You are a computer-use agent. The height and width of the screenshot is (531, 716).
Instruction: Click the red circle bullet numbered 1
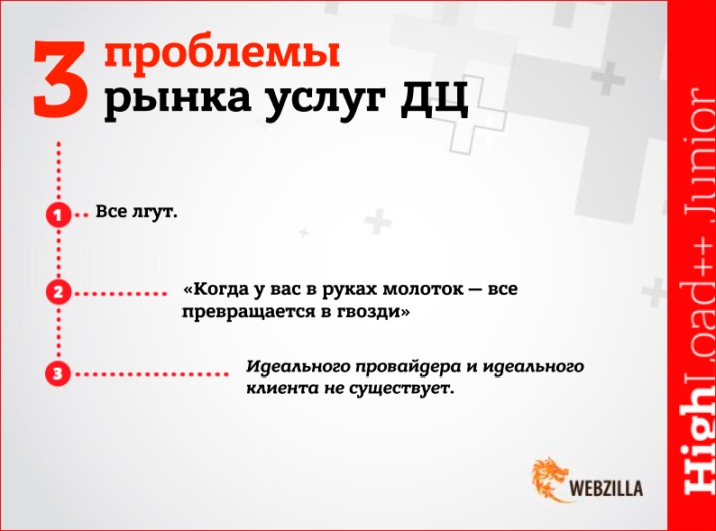point(58,215)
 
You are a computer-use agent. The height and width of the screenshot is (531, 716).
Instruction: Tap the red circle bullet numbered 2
point(58,292)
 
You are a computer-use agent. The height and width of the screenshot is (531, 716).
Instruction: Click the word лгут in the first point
point(156,214)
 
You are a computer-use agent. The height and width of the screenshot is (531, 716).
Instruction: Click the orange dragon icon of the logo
point(550,479)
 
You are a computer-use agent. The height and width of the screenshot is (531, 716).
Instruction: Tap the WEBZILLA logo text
point(607,489)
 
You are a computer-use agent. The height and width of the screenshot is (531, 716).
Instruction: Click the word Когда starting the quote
point(218,290)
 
